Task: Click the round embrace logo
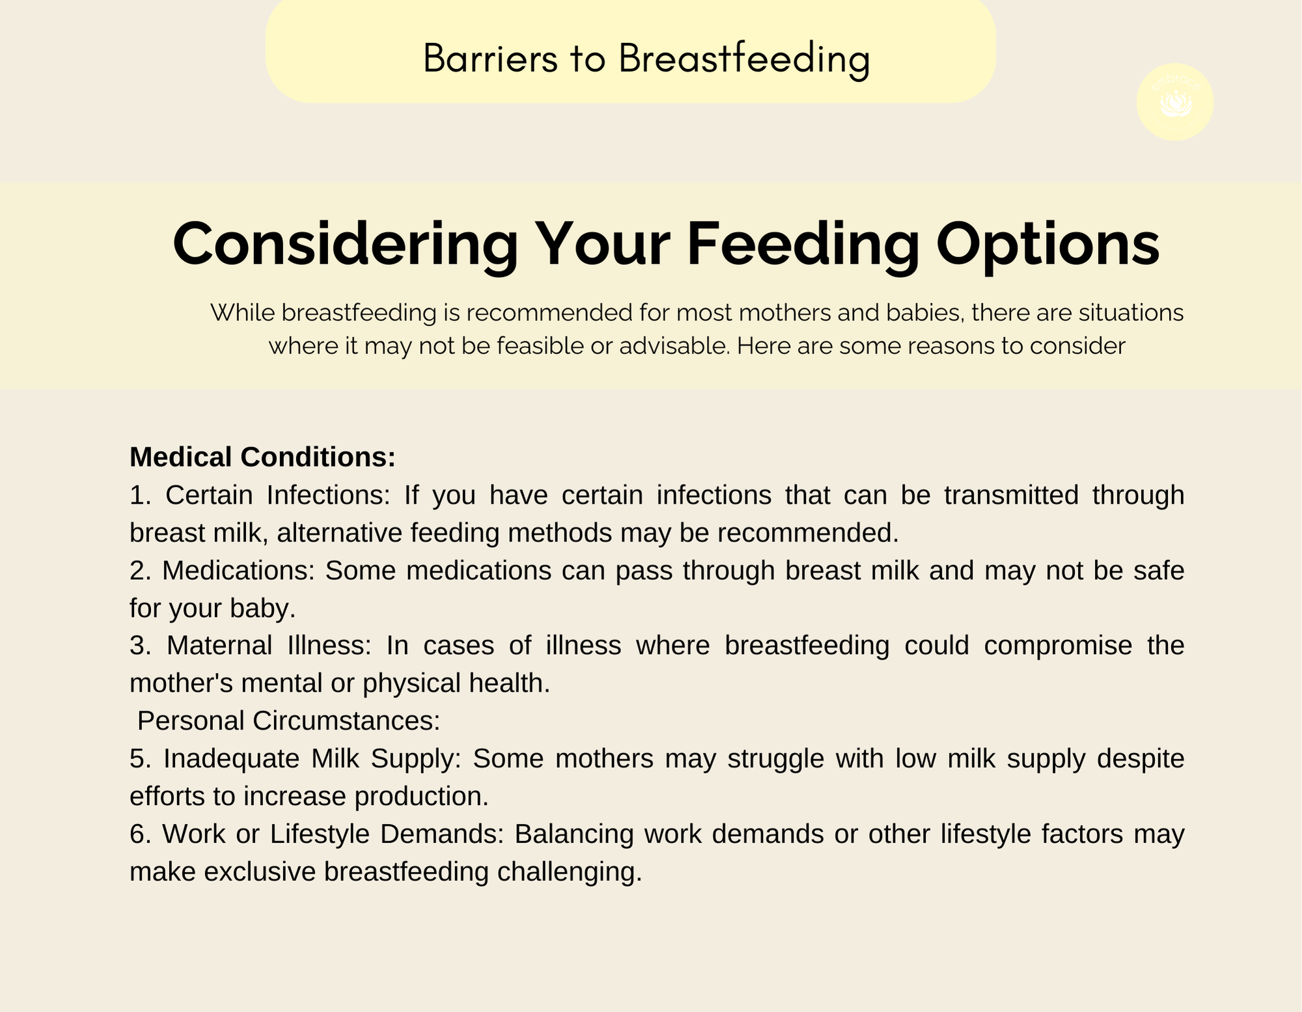point(1175,102)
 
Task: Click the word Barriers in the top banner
point(491,59)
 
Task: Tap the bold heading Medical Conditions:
point(263,457)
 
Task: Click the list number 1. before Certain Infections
point(141,495)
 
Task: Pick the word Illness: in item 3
point(329,646)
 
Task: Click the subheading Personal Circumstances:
point(289,721)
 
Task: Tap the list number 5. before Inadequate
point(141,759)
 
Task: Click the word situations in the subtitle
point(1131,313)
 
